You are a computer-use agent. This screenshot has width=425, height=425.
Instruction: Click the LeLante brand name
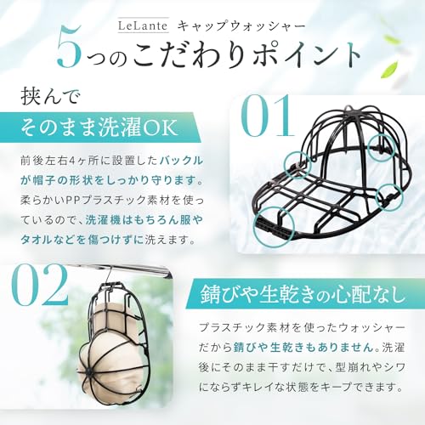[143, 25]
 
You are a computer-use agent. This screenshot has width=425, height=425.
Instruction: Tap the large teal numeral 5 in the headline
[69, 47]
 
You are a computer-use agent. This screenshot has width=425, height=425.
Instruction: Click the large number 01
[267, 116]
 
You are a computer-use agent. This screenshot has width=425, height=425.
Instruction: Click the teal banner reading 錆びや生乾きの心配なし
[304, 294]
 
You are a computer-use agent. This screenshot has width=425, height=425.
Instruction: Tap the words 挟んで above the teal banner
[51, 97]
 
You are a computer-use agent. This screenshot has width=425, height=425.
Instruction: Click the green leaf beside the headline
[389, 69]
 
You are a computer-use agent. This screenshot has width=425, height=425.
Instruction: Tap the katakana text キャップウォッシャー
[242, 26]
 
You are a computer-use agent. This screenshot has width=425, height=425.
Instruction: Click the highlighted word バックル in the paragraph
[181, 161]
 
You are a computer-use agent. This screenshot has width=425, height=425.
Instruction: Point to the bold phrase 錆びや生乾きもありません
[303, 348]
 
